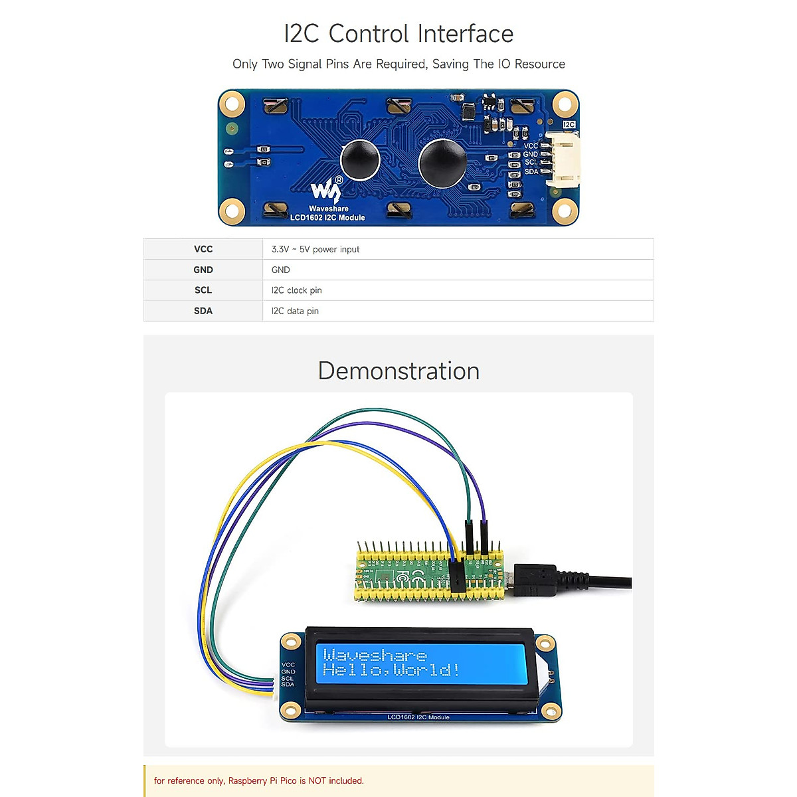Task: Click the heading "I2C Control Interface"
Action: (x=398, y=34)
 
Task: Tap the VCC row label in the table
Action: (x=203, y=249)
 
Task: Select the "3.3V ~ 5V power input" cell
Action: (x=315, y=249)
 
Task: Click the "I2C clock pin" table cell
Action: (x=296, y=290)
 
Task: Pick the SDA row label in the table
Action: (x=203, y=311)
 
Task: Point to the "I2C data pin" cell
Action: (x=295, y=311)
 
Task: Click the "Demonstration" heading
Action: (x=398, y=371)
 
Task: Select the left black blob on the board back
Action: (x=360, y=160)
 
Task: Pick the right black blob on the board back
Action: (x=442, y=163)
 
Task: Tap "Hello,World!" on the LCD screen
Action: (x=391, y=669)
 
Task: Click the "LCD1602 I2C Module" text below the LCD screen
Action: (x=418, y=717)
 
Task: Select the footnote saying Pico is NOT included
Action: (x=259, y=780)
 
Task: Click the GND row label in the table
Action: (x=203, y=270)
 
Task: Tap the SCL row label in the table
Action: (x=203, y=290)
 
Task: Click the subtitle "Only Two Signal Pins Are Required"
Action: (x=398, y=64)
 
